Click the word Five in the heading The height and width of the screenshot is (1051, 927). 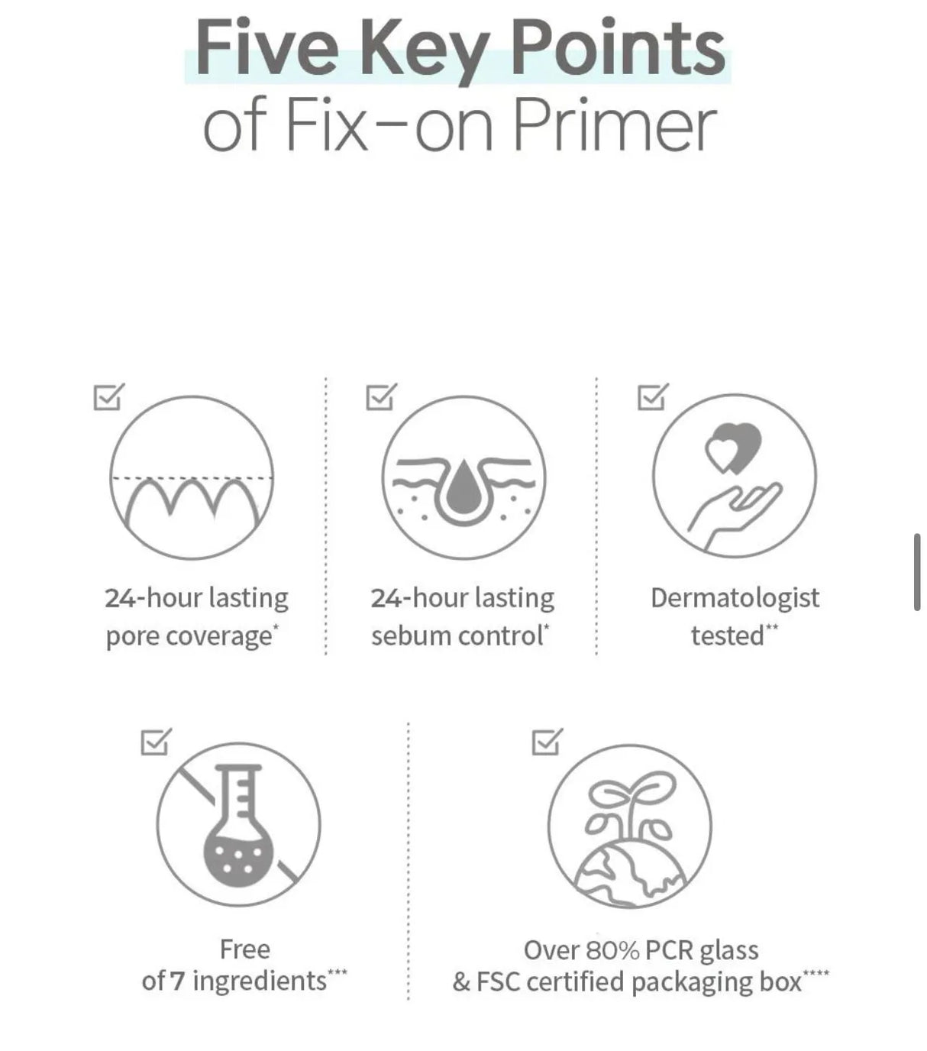tap(266, 49)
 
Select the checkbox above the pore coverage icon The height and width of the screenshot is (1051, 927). tap(108, 397)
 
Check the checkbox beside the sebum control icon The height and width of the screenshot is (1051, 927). tap(380, 397)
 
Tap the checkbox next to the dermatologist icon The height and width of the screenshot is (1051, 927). tap(652, 397)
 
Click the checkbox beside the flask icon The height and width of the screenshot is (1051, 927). tap(156, 742)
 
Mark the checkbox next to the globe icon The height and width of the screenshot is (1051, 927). tap(546, 742)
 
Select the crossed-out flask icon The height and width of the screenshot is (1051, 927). tap(238, 825)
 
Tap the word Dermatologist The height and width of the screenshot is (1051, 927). tap(735, 598)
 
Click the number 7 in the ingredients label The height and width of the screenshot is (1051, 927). tap(177, 981)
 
